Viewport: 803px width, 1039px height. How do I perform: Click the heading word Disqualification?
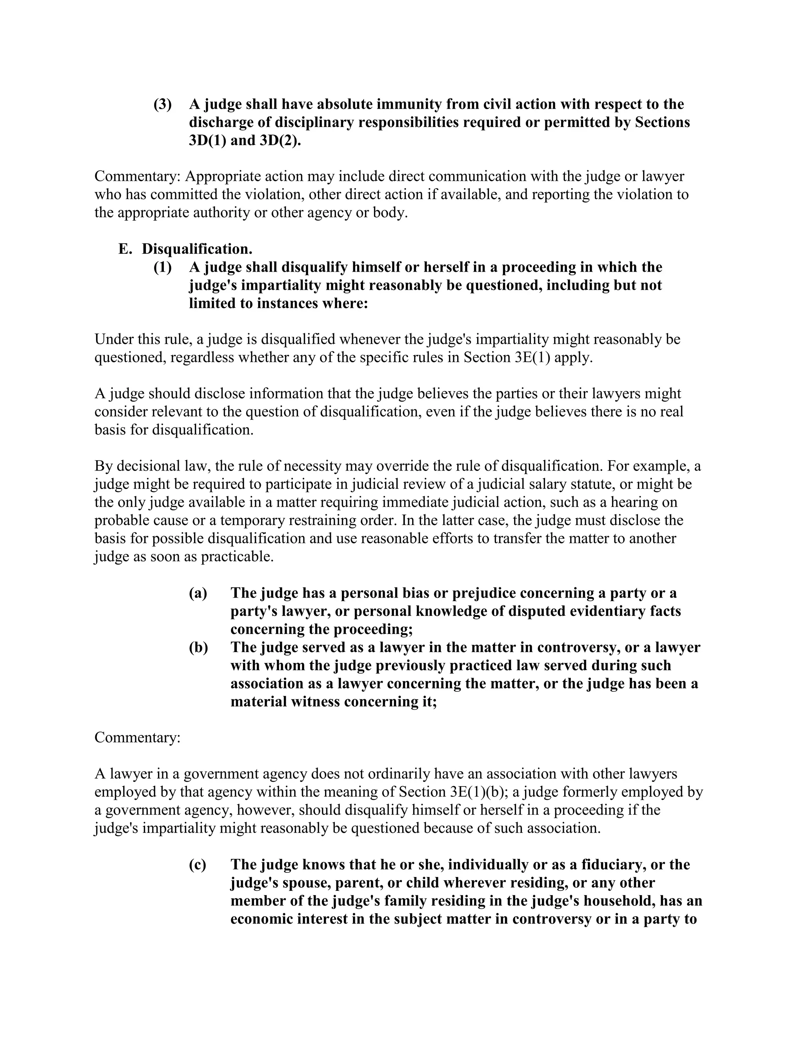(197, 249)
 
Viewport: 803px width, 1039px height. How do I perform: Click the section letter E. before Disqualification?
(125, 249)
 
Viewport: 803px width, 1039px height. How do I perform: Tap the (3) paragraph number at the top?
(162, 104)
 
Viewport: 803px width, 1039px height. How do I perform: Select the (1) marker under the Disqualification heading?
(162, 267)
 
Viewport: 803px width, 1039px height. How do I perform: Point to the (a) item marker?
(198, 593)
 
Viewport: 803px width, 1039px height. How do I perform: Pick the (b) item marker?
(198, 647)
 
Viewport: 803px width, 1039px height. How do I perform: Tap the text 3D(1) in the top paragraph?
(207, 141)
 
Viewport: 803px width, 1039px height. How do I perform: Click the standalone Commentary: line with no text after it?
(138, 737)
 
